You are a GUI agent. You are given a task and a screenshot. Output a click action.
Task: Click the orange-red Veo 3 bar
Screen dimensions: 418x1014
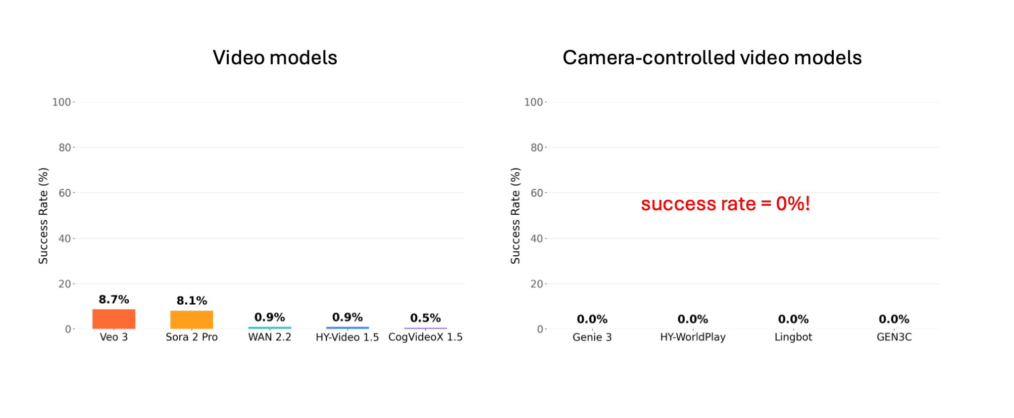(x=113, y=319)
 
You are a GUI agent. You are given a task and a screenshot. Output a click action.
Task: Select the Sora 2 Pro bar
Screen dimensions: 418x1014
(x=192, y=320)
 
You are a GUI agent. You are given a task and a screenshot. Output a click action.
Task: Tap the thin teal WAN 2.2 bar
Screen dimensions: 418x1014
(x=270, y=327)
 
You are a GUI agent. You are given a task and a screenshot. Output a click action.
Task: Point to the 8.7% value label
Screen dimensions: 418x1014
(x=114, y=299)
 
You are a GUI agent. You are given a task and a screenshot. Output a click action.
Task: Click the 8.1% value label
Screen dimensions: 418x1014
(x=192, y=301)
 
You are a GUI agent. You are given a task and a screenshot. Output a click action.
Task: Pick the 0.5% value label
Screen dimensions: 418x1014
(x=425, y=318)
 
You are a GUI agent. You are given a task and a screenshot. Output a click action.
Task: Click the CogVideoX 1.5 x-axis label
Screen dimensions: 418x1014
(x=425, y=337)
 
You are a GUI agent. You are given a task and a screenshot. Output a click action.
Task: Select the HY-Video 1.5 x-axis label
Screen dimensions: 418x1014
(x=347, y=337)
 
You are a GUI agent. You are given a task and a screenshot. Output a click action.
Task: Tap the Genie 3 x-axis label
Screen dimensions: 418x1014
(x=592, y=337)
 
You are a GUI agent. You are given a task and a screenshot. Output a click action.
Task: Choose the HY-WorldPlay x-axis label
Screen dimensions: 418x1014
(x=693, y=337)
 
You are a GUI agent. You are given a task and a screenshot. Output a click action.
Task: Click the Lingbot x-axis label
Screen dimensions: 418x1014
(x=793, y=337)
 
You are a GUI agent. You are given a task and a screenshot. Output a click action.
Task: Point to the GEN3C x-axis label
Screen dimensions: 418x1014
(x=894, y=337)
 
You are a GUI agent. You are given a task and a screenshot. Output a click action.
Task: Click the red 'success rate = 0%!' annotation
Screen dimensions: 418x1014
(x=725, y=204)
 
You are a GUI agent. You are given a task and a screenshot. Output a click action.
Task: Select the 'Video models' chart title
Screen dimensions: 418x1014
(x=275, y=58)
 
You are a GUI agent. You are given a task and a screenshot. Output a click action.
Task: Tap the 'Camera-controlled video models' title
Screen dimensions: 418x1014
(x=712, y=58)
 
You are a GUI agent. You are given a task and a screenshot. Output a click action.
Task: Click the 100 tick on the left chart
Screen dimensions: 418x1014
(x=61, y=102)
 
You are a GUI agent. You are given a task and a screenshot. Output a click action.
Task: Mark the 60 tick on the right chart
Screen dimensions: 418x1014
(x=537, y=193)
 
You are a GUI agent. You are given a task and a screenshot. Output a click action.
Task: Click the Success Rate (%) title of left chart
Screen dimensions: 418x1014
(x=44, y=216)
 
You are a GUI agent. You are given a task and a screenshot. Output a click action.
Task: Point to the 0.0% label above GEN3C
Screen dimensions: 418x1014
(x=894, y=320)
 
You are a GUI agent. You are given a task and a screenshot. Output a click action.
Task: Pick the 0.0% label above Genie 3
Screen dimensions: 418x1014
(x=592, y=320)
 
